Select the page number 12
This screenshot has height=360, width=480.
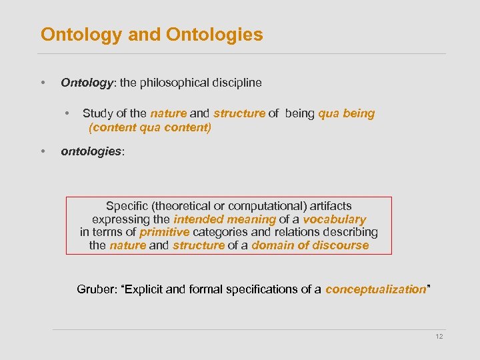point(439,337)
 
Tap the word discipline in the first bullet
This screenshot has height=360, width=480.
point(236,83)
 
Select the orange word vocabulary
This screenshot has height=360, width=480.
point(334,219)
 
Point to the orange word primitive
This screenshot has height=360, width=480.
point(165,232)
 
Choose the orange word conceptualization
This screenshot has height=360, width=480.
point(375,289)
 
